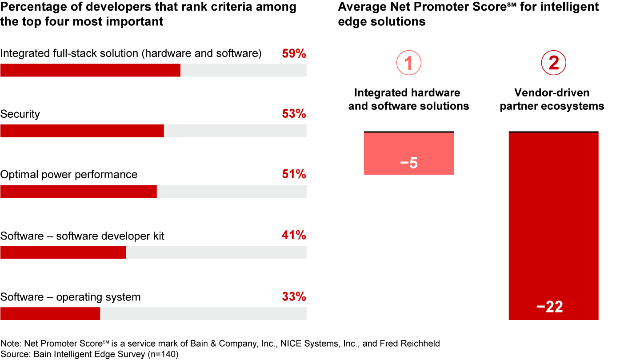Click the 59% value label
[x=294, y=54]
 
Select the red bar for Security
[x=82, y=131]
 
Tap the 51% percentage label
[x=294, y=175]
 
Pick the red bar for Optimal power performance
[x=79, y=191]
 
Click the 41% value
[x=294, y=236]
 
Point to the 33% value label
[x=294, y=296]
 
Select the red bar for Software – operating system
[x=50, y=313]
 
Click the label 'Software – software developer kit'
[x=82, y=236]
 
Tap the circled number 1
[x=408, y=64]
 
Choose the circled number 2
[x=553, y=64]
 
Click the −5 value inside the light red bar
[x=409, y=163]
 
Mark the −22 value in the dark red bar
[x=550, y=307]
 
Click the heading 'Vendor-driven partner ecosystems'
[x=552, y=99]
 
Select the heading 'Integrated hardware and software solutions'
[x=408, y=99]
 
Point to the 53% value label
[x=294, y=114]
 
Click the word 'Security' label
[x=20, y=114]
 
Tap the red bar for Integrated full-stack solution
[x=90, y=70]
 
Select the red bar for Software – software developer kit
[x=63, y=252]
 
